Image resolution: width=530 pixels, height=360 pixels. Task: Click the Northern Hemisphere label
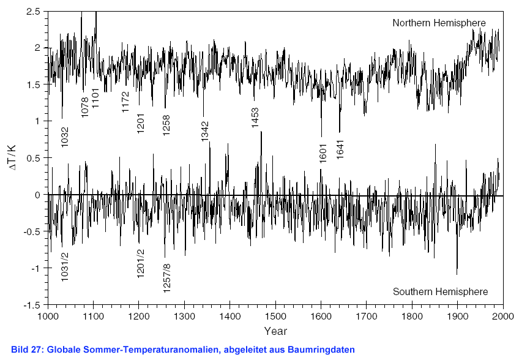pyautogui.click(x=439, y=23)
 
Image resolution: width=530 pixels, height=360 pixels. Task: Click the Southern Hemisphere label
pyautogui.click(x=440, y=291)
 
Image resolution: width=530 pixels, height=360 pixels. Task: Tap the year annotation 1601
pyautogui.click(x=324, y=152)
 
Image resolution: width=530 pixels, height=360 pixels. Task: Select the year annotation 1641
pyautogui.click(x=340, y=150)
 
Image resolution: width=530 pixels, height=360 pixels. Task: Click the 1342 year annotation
pyautogui.click(x=205, y=131)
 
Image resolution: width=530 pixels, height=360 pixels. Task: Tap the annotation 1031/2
pyautogui.click(x=65, y=266)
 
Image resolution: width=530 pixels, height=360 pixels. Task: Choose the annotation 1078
pyautogui.click(x=85, y=107)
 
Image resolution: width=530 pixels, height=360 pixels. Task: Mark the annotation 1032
pyautogui.click(x=65, y=137)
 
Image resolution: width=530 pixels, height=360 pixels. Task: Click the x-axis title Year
pyautogui.click(x=275, y=331)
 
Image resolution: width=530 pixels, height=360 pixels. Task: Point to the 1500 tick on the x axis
pyautogui.click(x=275, y=317)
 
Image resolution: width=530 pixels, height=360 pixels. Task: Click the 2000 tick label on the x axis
pyautogui.click(x=502, y=317)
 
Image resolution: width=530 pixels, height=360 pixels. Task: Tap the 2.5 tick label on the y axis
pyautogui.click(x=34, y=12)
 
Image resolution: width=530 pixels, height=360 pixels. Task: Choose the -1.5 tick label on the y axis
pyautogui.click(x=32, y=305)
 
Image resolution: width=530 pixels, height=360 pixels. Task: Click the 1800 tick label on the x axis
pyautogui.click(x=412, y=317)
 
